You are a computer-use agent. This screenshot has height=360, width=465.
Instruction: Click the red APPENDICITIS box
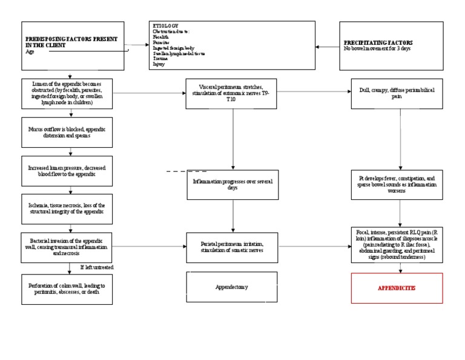point(397,288)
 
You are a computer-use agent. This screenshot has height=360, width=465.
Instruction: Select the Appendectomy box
point(232,287)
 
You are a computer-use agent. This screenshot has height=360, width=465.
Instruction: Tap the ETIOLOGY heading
point(165,26)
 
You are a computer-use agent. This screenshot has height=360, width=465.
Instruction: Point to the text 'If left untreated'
point(97,267)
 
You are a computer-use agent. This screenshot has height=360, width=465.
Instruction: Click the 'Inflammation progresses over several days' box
point(232,185)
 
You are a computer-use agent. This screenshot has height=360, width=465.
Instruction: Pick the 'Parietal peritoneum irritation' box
point(232,247)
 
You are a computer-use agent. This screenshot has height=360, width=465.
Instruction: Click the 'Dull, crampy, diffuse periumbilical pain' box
point(397,92)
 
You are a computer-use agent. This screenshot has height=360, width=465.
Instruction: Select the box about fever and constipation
point(397,185)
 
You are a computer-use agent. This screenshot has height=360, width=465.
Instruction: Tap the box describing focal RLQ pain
point(397,245)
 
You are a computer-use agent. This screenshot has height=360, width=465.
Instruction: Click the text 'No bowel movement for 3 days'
point(377,48)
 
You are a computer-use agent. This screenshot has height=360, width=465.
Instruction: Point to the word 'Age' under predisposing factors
point(30,52)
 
